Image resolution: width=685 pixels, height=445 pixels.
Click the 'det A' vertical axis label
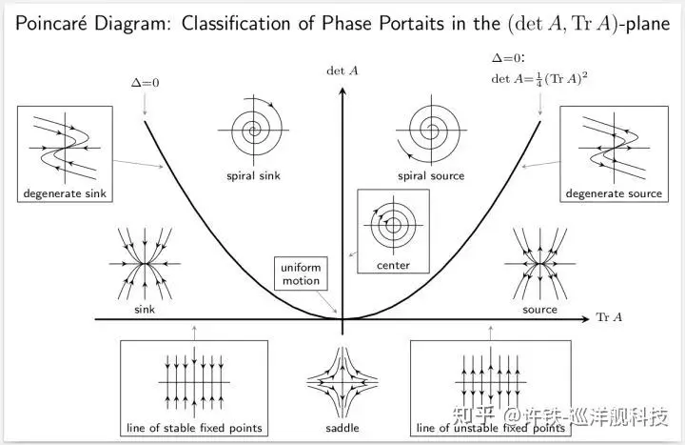[341, 70]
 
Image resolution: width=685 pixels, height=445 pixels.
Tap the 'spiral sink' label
[253, 175]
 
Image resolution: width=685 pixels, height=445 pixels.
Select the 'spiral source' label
[431, 175]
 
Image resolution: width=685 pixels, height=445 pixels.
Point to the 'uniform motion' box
[301, 274]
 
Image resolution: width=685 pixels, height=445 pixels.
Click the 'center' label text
[392, 265]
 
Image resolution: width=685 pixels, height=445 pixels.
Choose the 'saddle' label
[342, 428]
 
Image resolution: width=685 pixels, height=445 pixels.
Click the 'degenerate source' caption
[613, 194]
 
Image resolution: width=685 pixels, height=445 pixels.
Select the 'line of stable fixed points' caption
[193, 426]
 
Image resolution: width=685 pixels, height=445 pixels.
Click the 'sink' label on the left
[145, 310]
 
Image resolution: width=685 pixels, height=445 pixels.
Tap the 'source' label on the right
[539, 310]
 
